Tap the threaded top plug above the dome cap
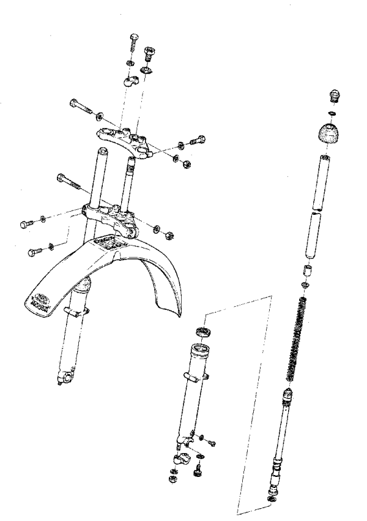point(335,96)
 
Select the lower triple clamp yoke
point(110,216)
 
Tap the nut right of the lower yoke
point(170,233)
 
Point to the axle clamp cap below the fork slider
point(183,459)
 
